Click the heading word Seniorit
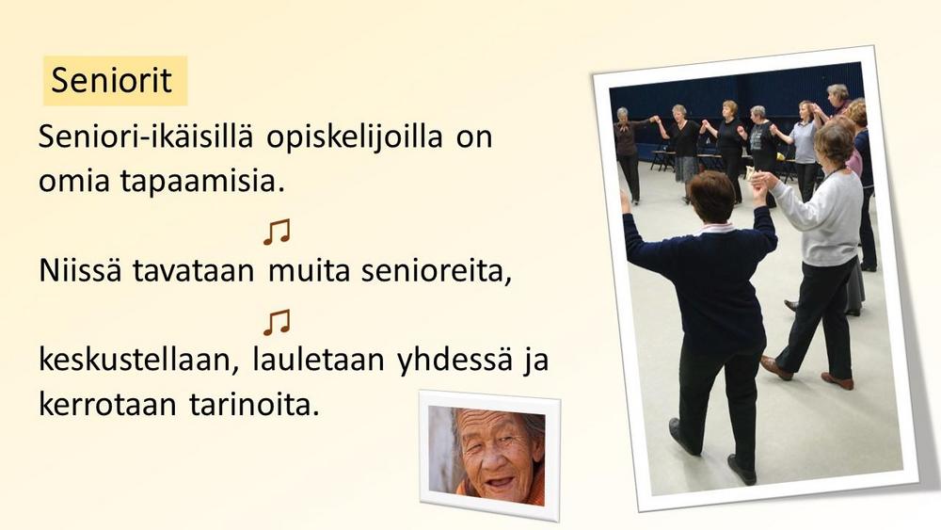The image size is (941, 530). [112, 80]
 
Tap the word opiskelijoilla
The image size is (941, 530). [355, 137]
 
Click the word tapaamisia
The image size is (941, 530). [202, 182]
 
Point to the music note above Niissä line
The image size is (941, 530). [277, 232]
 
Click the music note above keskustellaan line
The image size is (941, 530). [277, 322]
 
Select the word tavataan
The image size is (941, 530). [193, 271]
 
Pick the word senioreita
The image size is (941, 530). [437, 272]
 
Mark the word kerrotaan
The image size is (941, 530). [107, 406]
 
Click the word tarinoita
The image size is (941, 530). [254, 405]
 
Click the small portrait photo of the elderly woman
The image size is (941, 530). [489, 455]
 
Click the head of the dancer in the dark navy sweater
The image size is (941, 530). [711, 196]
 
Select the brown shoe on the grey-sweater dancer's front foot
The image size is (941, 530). [776, 367]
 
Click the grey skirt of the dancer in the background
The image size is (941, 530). [686, 169]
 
